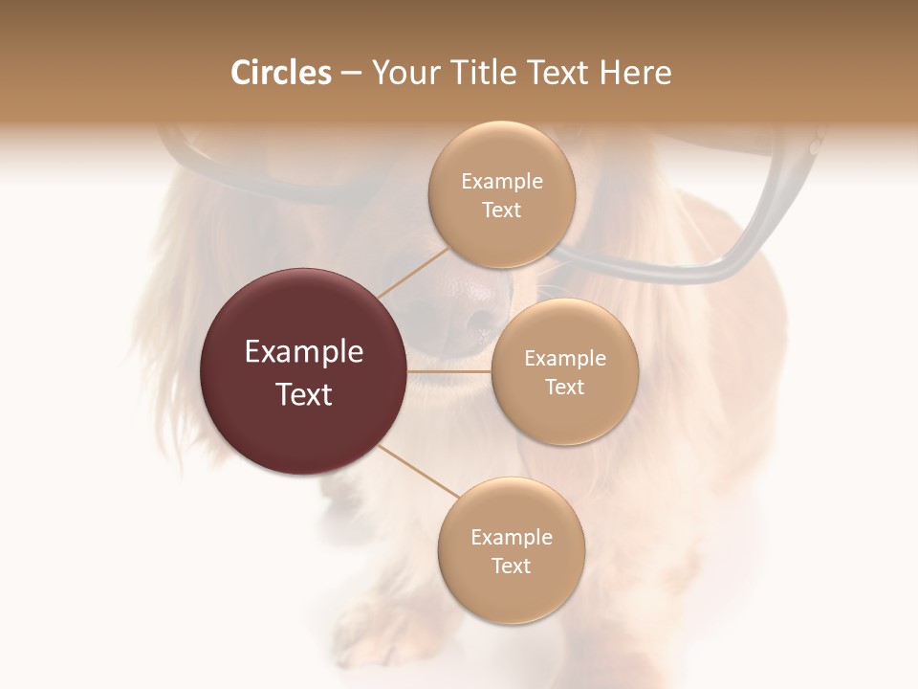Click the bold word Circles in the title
[281, 73]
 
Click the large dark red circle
[303, 371]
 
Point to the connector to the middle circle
[448, 371]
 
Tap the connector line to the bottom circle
[419, 471]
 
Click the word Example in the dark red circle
[303, 352]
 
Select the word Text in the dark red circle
[303, 394]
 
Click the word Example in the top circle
[501, 182]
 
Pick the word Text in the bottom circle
[511, 566]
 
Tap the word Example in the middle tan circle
[564, 359]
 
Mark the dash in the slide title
[351, 73]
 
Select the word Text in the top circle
[501, 210]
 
